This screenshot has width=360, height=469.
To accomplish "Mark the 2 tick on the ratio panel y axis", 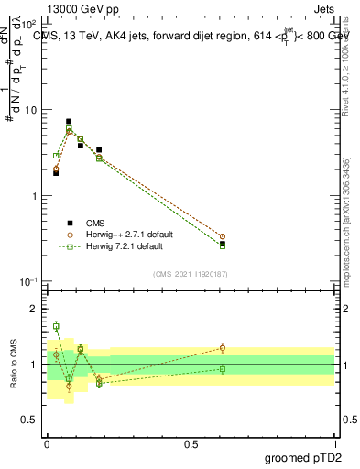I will tap(36, 309).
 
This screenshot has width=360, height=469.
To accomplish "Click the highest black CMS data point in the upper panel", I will tap(69, 121).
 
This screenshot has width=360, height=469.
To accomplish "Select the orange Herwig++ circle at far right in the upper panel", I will tap(222, 236).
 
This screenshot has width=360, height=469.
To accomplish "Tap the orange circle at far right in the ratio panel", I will tap(222, 348).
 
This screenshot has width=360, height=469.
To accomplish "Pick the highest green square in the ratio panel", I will tap(56, 326).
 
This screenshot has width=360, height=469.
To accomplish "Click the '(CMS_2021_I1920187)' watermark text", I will tap(190, 273).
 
